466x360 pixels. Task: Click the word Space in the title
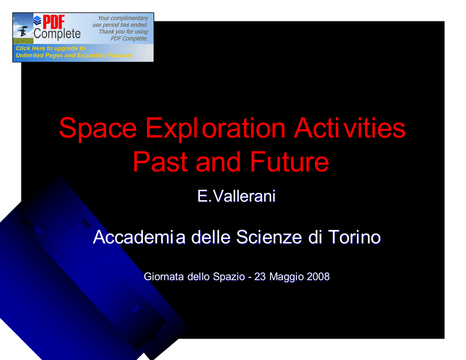tap(98, 128)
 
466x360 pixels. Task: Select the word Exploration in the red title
tap(215, 128)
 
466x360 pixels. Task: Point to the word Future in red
tap(289, 162)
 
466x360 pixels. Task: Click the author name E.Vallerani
tap(237, 196)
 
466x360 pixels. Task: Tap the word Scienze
tap(269, 237)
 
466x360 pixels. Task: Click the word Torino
tap(355, 237)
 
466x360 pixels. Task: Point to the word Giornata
tap(164, 276)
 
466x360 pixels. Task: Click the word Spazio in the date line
tap(229, 277)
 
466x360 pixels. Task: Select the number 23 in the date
tap(260, 276)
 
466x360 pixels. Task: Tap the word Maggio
tap(287, 277)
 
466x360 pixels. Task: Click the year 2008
tap(318, 276)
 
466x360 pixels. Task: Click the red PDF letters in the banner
tap(54, 22)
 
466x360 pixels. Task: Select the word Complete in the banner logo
tap(57, 34)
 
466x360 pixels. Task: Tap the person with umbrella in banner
tap(23, 31)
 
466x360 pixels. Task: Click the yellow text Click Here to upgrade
tap(51, 48)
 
